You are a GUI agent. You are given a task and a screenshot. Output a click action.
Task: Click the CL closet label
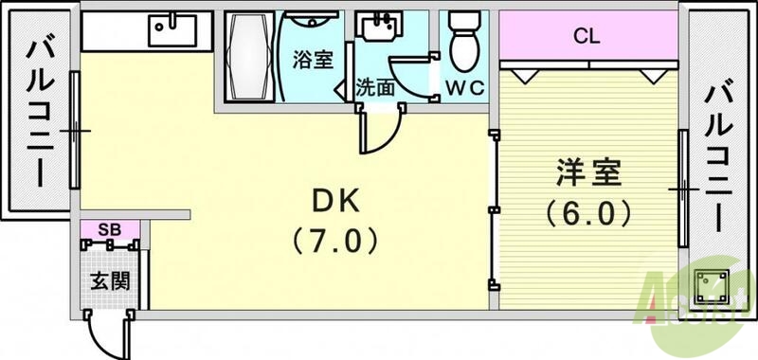coord(588,38)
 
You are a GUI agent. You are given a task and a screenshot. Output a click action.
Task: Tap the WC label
coord(465,88)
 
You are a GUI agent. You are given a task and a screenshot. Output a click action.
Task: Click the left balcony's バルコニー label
coord(39,112)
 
